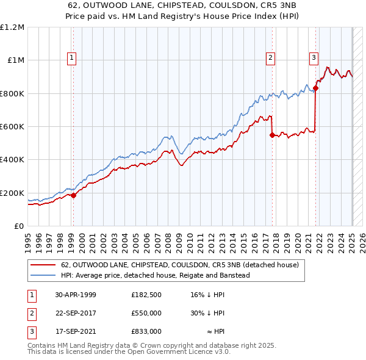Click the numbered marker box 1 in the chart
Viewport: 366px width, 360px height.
pos(72,58)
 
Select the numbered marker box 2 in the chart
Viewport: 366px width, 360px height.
pos(270,58)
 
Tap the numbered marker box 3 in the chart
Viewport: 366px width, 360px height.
pos(314,58)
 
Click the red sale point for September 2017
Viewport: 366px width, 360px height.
pos(272,135)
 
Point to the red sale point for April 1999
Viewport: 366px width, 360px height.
pos(73,196)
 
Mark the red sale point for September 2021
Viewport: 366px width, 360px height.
pos(316,88)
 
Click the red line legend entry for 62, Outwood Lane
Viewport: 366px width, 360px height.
pos(180,265)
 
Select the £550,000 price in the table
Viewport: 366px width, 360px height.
pos(146,313)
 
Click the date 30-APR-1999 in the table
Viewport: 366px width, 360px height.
pos(76,295)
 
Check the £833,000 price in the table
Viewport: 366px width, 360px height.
pos(146,331)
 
